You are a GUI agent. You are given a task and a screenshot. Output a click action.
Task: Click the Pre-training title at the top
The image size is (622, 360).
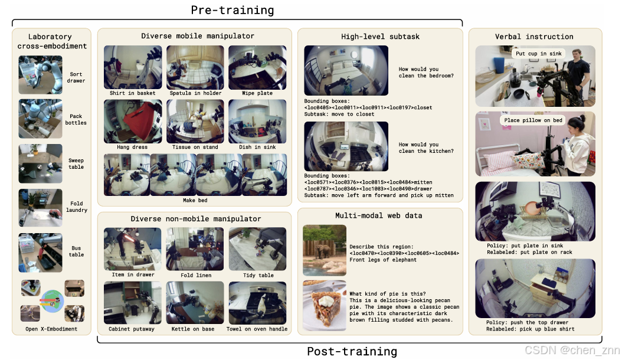click(233, 10)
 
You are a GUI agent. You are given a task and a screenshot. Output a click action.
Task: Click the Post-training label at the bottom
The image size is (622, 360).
click(352, 351)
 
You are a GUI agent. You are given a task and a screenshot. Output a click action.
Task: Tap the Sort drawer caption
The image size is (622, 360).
click(76, 77)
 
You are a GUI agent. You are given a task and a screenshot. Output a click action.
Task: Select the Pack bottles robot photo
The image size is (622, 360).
click(41, 119)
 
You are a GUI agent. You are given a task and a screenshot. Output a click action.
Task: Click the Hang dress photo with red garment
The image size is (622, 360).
click(133, 122)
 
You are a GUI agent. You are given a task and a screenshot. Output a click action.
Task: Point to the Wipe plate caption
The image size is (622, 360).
click(257, 93)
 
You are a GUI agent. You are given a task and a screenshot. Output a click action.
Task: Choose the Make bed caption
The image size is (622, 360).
click(195, 201)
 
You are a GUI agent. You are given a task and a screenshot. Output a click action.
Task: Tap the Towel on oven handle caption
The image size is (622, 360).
click(257, 329)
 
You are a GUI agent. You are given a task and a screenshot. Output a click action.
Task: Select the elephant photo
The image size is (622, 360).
click(325, 250)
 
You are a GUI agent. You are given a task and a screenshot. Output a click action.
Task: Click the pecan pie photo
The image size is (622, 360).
click(325, 306)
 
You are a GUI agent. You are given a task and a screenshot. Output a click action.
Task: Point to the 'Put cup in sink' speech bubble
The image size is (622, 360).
click(539, 54)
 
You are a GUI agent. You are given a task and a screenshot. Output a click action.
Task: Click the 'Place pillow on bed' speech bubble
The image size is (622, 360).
click(533, 120)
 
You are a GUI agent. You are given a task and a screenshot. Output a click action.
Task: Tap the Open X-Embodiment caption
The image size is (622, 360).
click(51, 329)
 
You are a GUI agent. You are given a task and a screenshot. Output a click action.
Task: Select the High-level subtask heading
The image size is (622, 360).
click(380, 37)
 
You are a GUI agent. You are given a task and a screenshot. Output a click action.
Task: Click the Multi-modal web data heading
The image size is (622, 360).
click(378, 215)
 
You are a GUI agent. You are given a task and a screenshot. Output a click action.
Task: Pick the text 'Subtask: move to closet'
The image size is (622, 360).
click(339, 114)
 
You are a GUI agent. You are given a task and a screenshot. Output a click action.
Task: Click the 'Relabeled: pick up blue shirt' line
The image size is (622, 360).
click(531, 329)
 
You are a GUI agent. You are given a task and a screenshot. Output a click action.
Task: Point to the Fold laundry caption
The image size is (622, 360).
click(77, 207)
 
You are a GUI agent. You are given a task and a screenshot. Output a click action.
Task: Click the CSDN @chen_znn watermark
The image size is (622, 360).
click(572, 350)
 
